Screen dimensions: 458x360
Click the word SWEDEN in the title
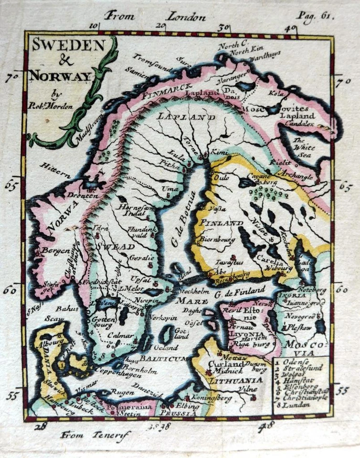click(68, 46)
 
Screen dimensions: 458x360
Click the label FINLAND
click(221, 223)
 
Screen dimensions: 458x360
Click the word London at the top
click(186, 17)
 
